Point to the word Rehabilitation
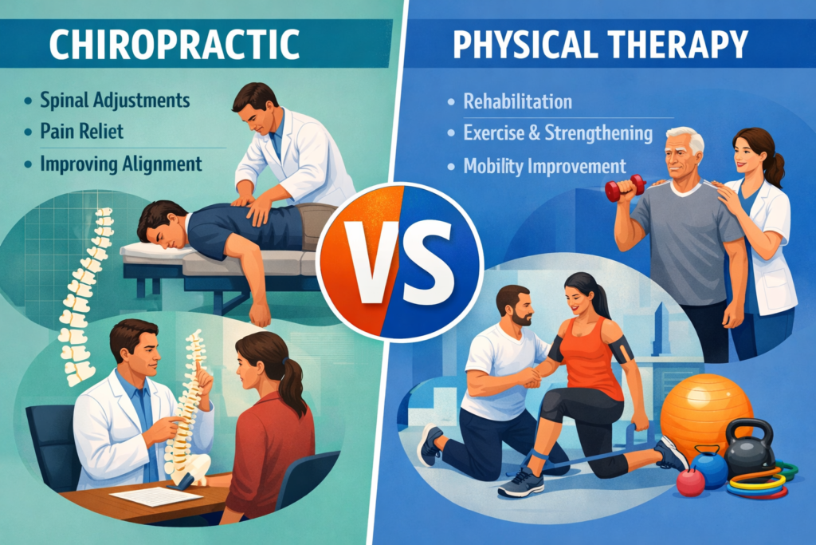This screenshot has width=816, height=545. tap(519, 102)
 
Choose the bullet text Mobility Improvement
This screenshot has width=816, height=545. tap(544, 166)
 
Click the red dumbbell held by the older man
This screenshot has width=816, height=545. tap(623, 190)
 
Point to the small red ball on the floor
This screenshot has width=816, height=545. tap(690, 481)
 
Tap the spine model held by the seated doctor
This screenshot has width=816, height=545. tap(188, 399)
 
